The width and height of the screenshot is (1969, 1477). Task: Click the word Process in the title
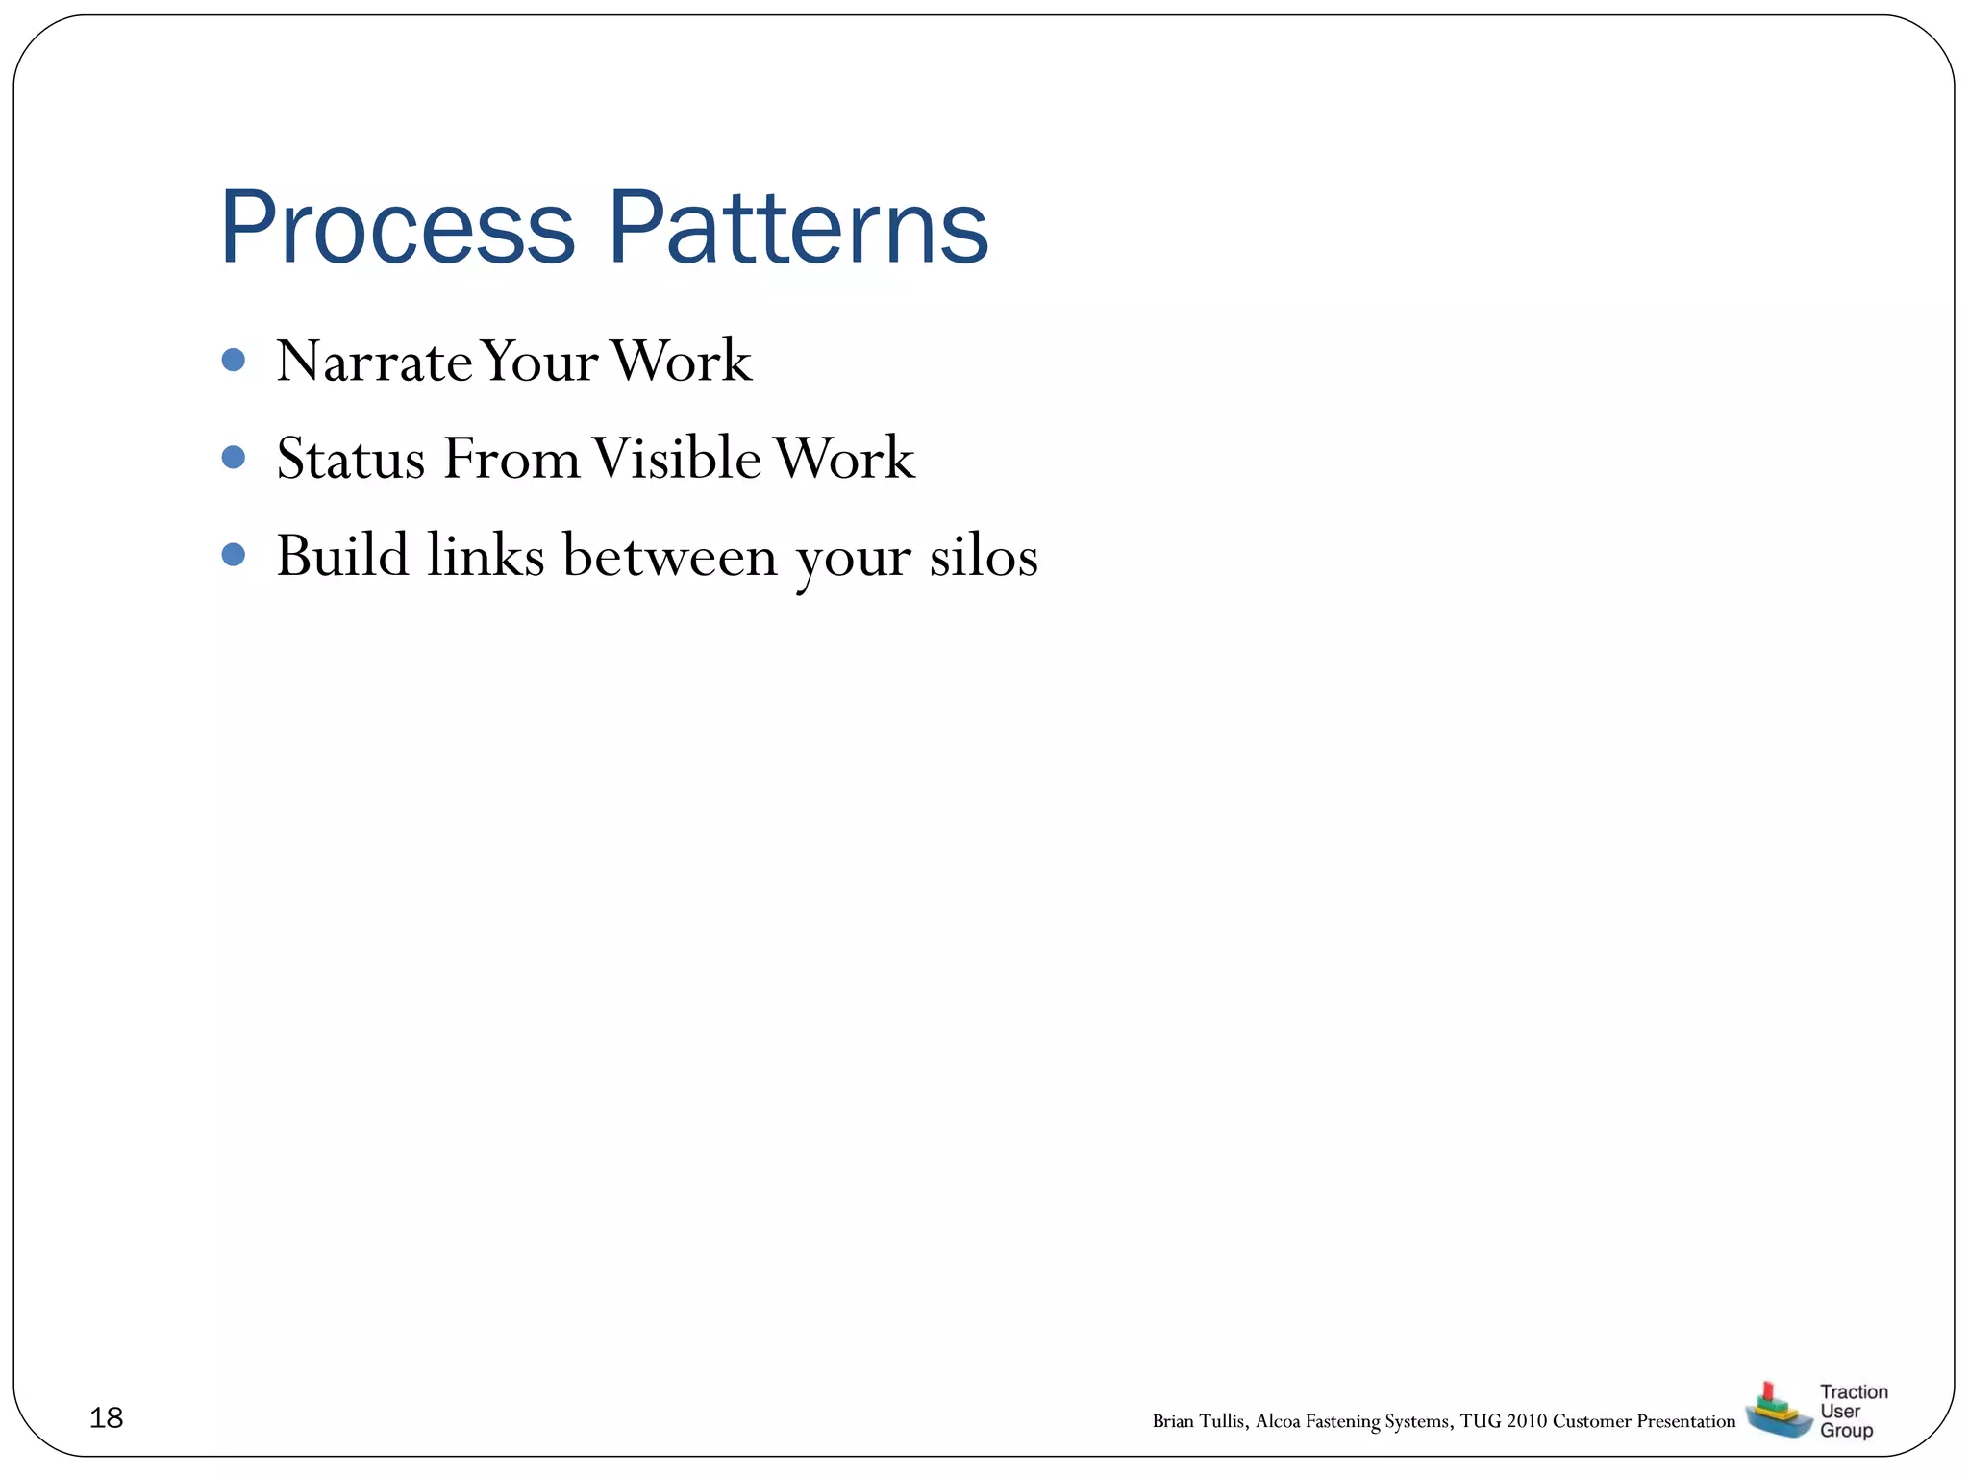tap(396, 229)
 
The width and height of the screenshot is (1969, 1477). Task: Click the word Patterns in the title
tap(797, 229)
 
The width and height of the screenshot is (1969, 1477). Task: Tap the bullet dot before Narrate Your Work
tap(233, 360)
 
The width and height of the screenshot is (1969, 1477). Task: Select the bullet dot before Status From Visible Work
tap(233, 457)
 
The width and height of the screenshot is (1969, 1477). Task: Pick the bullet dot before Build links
tap(233, 554)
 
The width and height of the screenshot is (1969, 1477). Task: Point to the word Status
tap(351, 459)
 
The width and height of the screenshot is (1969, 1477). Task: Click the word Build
tap(342, 556)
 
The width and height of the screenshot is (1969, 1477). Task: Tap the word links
tap(486, 556)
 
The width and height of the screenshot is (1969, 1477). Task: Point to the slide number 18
tap(106, 1417)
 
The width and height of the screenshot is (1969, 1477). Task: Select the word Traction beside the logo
tap(1853, 1391)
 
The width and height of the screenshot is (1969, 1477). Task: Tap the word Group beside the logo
tap(1846, 1430)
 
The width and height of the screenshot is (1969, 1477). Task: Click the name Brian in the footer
tap(1172, 1421)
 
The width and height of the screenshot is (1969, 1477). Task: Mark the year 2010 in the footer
tap(1527, 1421)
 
